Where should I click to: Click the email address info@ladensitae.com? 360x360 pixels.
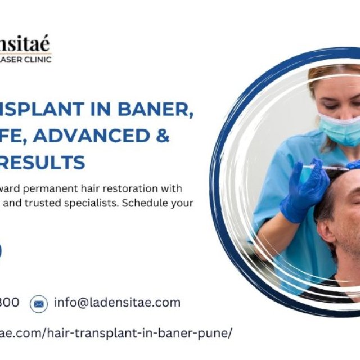click(117, 303)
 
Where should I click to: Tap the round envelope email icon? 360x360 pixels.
click(39, 304)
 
